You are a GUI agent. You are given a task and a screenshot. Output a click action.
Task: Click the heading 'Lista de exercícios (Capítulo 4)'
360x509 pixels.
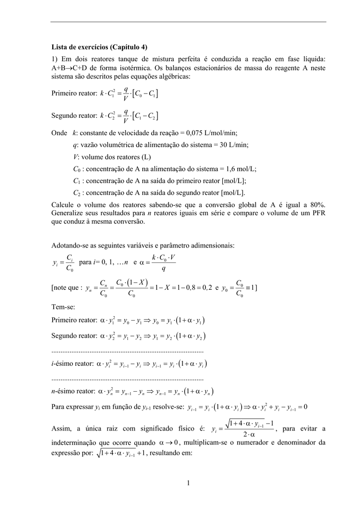click(99, 48)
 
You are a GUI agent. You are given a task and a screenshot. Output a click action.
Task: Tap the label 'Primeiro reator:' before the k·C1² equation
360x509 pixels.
click(74, 93)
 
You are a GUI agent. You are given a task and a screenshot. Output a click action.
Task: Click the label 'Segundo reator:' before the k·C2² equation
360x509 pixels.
click(74, 116)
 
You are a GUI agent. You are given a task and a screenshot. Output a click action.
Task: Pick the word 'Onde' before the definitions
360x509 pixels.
click(59, 133)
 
